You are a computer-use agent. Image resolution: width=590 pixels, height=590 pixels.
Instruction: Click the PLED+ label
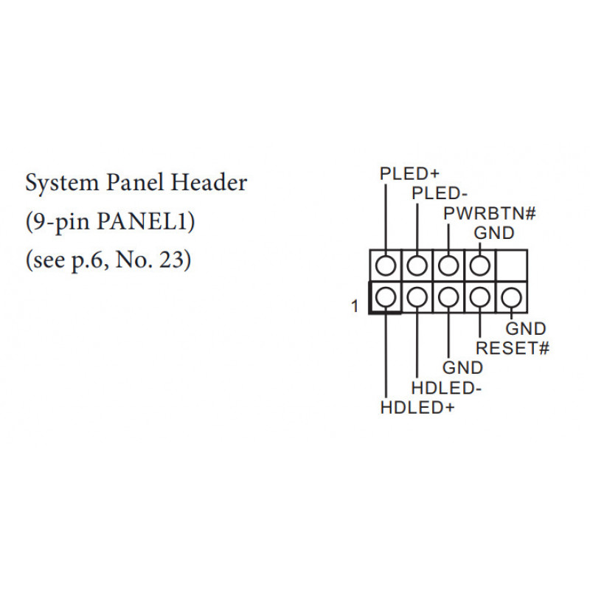coord(409,174)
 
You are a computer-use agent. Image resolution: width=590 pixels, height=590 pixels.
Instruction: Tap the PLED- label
coord(440,193)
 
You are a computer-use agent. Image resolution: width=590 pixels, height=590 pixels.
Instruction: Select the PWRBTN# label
coord(489,213)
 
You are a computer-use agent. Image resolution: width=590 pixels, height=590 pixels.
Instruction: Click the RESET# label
coord(513,348)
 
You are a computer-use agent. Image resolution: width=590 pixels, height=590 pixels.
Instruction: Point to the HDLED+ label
coord(417,408)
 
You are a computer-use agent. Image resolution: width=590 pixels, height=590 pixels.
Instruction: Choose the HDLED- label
coord(446,388)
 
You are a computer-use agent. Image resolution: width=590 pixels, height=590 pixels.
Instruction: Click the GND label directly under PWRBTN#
coord(494,233)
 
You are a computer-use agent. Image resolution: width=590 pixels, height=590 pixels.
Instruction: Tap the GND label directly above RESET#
coord(526,328)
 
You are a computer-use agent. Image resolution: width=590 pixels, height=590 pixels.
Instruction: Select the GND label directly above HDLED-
coord(462,367)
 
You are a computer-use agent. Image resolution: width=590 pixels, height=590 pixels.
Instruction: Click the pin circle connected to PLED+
coord(386,265)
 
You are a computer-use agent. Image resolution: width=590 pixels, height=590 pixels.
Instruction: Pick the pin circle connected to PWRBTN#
coord(448,265)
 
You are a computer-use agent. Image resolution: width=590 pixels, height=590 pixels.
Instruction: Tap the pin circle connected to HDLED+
coord(386,297)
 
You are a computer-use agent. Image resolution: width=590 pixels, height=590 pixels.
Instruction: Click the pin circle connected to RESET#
coord(480,297)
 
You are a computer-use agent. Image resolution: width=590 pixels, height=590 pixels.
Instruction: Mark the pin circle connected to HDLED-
coord(417,297)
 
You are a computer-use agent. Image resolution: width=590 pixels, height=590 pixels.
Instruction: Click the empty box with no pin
coord(512,265)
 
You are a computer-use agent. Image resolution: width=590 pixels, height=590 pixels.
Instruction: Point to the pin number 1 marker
coord(355,306)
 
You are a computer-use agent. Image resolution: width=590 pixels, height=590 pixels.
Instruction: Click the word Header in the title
coord(209,182)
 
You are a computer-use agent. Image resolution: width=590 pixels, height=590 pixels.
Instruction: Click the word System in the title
coord(62,183)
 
